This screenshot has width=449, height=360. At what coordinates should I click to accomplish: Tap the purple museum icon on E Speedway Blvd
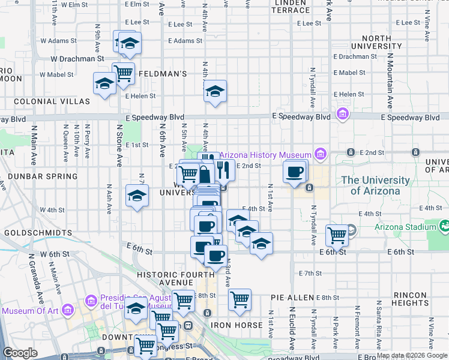pos(343,113)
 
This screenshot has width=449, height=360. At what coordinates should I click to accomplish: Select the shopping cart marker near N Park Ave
pos(337,235)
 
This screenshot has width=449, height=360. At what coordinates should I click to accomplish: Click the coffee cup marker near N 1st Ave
pos(294,172)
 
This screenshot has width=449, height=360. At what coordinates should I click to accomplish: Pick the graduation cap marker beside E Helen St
pos(214,91)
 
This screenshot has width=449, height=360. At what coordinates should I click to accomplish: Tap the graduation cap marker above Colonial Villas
pos(104,83)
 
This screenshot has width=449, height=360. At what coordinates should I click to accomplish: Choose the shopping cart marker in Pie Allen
pos(240,299)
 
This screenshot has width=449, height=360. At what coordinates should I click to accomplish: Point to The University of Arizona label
pos(370,185)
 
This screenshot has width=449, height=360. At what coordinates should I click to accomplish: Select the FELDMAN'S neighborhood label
pos(163,74)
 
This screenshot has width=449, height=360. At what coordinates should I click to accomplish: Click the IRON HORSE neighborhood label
pos(237,325)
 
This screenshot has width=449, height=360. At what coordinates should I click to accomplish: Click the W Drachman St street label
pos(77,59)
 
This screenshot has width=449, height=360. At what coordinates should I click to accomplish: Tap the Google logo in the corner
pos(20,353)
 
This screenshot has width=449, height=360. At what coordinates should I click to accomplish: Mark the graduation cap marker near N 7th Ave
pos(137,196)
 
